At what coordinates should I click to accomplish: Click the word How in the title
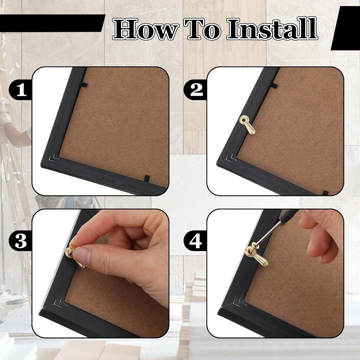(x=145, y=30)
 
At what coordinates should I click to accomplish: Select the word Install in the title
(x=272, y=28)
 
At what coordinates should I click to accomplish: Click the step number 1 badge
(x=21, y=90)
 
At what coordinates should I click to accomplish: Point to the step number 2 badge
(x=195, y=90)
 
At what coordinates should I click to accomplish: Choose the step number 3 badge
(x=21, y=241)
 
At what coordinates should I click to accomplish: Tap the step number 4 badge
(x=195, y=241)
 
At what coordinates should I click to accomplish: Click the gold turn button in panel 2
(x=247, y=125)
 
